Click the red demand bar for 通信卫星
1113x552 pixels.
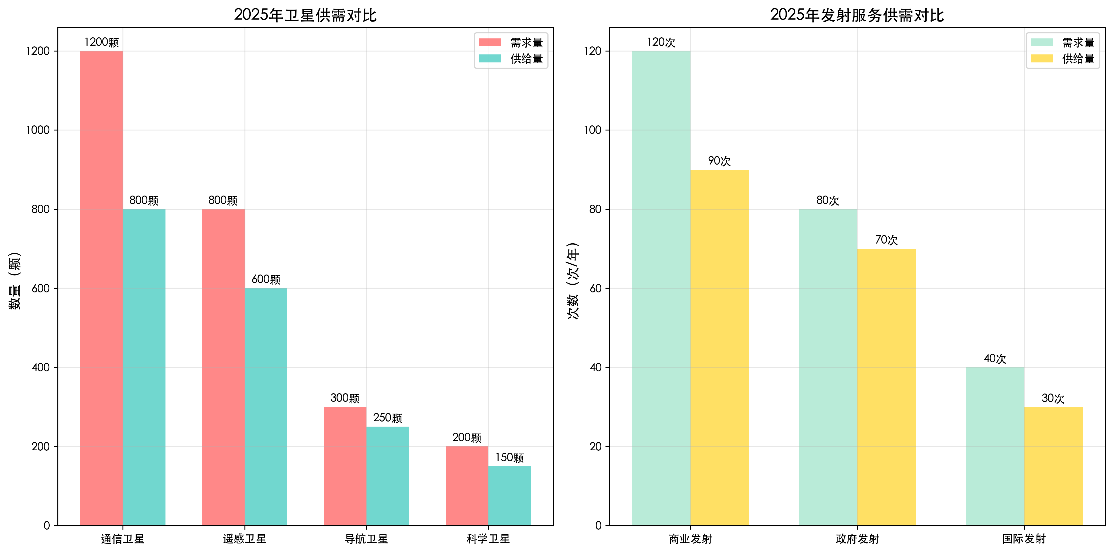(x=101, y=288)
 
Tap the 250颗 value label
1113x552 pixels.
(x=388, y=418)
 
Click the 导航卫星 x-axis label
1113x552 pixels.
(x=366, y=539)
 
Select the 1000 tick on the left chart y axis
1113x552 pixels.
(x=38, y=130)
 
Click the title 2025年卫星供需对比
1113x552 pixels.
(x=305, y=15)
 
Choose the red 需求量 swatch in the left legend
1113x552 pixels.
(x=490, y=42)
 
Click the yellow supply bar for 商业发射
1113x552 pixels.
(x=719, y=347)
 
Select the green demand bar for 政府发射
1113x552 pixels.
(x=828, y=367)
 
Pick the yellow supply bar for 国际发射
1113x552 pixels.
(x=1053, y=466)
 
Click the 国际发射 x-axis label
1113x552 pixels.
(x=1024, y=539)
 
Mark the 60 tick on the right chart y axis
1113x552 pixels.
(x=595, y=288)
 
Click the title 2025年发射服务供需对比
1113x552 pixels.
(x=857, y=15)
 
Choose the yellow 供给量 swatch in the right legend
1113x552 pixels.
(x=1042, y=58)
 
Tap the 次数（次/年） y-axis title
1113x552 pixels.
(x=573, y=281)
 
